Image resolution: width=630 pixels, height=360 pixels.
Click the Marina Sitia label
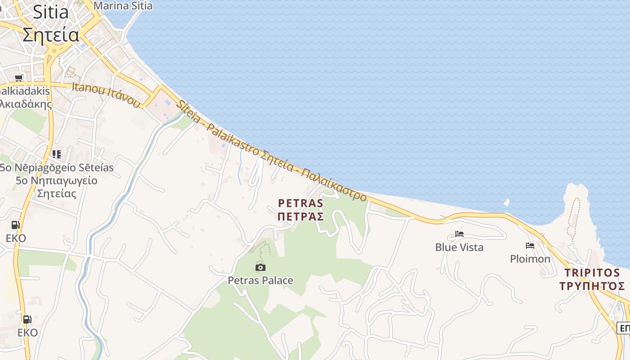[123, 6]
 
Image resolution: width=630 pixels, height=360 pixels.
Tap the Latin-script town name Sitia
[50, 12]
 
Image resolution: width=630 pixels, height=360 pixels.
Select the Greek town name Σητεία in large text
[51, 35]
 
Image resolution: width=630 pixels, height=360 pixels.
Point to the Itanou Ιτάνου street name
[106, 95]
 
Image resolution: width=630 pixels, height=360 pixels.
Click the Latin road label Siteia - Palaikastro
[218, 129]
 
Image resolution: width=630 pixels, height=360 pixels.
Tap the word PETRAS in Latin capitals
[301, 203]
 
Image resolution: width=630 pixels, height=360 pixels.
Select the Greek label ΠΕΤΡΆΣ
[301, 217]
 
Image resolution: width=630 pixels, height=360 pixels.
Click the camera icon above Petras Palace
[260, 268]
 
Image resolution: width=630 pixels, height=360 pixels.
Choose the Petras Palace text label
[260, 281]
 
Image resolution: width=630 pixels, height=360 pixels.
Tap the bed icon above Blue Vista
[459, 234]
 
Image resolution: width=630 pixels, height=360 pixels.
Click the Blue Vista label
[459, 247]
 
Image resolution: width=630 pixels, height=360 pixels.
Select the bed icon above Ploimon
[530, 246]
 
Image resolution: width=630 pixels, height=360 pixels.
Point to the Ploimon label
[530, 259]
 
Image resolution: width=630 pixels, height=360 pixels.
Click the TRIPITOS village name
[592, 273]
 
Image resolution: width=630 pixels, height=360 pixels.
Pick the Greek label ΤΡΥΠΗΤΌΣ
[592, 286]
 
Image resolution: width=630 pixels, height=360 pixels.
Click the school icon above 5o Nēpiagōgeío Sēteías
[56, 154]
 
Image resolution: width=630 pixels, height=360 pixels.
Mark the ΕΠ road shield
[624, 328]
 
